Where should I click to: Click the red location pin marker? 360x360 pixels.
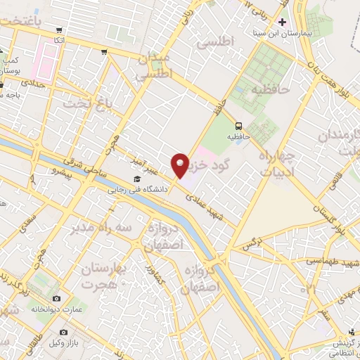pos(180,165)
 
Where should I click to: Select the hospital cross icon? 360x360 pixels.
pos(283,22)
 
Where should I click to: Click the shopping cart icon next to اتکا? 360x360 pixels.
pos(59,30)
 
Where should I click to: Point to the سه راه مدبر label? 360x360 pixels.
pos(96,229)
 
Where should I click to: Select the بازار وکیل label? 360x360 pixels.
pos(88,331)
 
